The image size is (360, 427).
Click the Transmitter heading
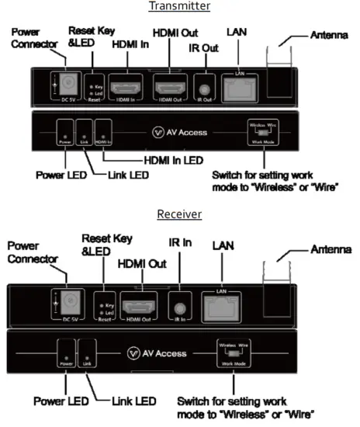[x=181, y=7]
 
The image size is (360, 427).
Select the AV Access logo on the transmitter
[x=180, y=133]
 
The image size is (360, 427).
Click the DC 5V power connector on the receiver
[x=66, y=300]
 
